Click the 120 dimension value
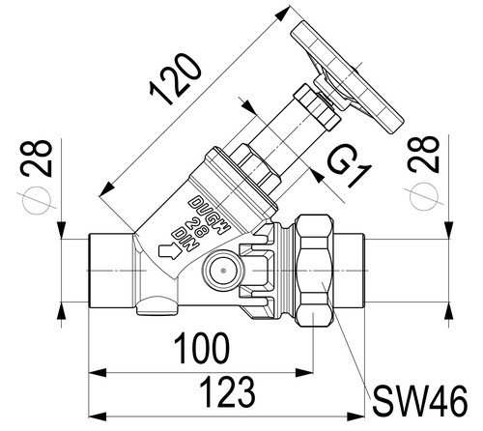(176, 79)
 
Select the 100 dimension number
(202, 349)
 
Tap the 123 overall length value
(228, 392)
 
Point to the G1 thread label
(350, 167)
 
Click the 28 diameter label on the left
(36, 158)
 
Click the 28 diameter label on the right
(423, 155)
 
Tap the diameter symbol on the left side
(37, 201)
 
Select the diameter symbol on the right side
(425, 197)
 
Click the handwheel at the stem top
(348, 77)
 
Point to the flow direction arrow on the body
(170, 250)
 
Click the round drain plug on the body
(223, 271)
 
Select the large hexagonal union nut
(315, 271)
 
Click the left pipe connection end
(110, 271)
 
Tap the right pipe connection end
(349, 271)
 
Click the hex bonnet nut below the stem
(255, 168)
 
